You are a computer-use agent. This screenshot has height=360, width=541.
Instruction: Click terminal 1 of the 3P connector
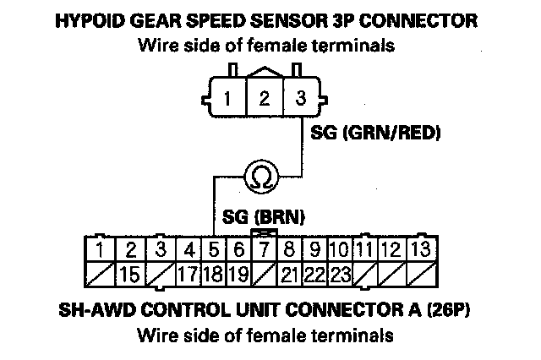(x=228, y=99)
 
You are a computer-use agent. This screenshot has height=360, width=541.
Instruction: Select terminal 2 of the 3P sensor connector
(x=264, y=99)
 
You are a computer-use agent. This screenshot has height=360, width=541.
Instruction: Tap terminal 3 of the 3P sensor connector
(x=300, y=99)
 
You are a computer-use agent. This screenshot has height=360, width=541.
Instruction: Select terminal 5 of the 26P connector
(x=215, y=249)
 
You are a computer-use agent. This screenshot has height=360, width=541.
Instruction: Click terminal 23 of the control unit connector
(x=340, y=275)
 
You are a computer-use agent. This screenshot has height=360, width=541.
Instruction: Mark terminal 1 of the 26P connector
(x=100, y=249)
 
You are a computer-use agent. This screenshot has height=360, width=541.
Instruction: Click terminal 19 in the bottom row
(x=239, y=275)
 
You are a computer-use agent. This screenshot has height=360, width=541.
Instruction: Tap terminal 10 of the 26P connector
(x=340, y=249)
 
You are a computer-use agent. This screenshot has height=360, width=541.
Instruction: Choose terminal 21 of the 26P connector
(x=289, y=275)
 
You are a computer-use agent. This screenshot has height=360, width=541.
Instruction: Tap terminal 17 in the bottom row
(x=189, y=275)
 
